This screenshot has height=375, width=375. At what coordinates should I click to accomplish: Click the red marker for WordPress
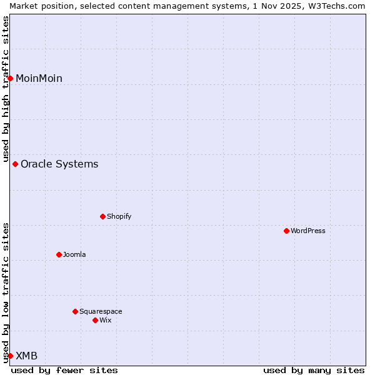click(286, 231)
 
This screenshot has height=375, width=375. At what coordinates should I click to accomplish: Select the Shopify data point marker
click(102, 216)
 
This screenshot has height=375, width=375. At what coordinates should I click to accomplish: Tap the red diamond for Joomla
click(59, 254)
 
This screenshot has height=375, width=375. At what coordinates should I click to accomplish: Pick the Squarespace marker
click(75, 311)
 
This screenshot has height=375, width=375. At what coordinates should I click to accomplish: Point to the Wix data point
click(95, 320)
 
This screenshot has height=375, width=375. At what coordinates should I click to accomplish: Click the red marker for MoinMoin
click(10, 78)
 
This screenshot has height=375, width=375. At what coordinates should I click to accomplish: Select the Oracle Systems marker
click(15, 164)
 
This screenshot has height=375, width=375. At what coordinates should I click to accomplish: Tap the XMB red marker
click(10, 356)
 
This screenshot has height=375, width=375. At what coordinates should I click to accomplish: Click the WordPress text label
click(307, 231)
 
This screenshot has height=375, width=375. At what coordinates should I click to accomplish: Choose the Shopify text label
click(119, 216)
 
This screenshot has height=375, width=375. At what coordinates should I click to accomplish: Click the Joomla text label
click(74, 254)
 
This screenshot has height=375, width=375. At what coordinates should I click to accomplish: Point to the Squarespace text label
click(101, 311)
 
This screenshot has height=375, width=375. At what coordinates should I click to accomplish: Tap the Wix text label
click(105, 320)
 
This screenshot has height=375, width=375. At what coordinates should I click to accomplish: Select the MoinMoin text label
click(39, 78)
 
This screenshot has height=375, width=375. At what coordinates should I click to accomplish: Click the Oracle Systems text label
click(59, 164)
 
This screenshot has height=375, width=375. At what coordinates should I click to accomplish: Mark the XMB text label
click(26, 356)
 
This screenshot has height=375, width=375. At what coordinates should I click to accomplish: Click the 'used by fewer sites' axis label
click(64, 370)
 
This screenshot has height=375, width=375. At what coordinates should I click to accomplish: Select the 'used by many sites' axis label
click(314, 370)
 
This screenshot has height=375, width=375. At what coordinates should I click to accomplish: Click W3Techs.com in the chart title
click(340, 6)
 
